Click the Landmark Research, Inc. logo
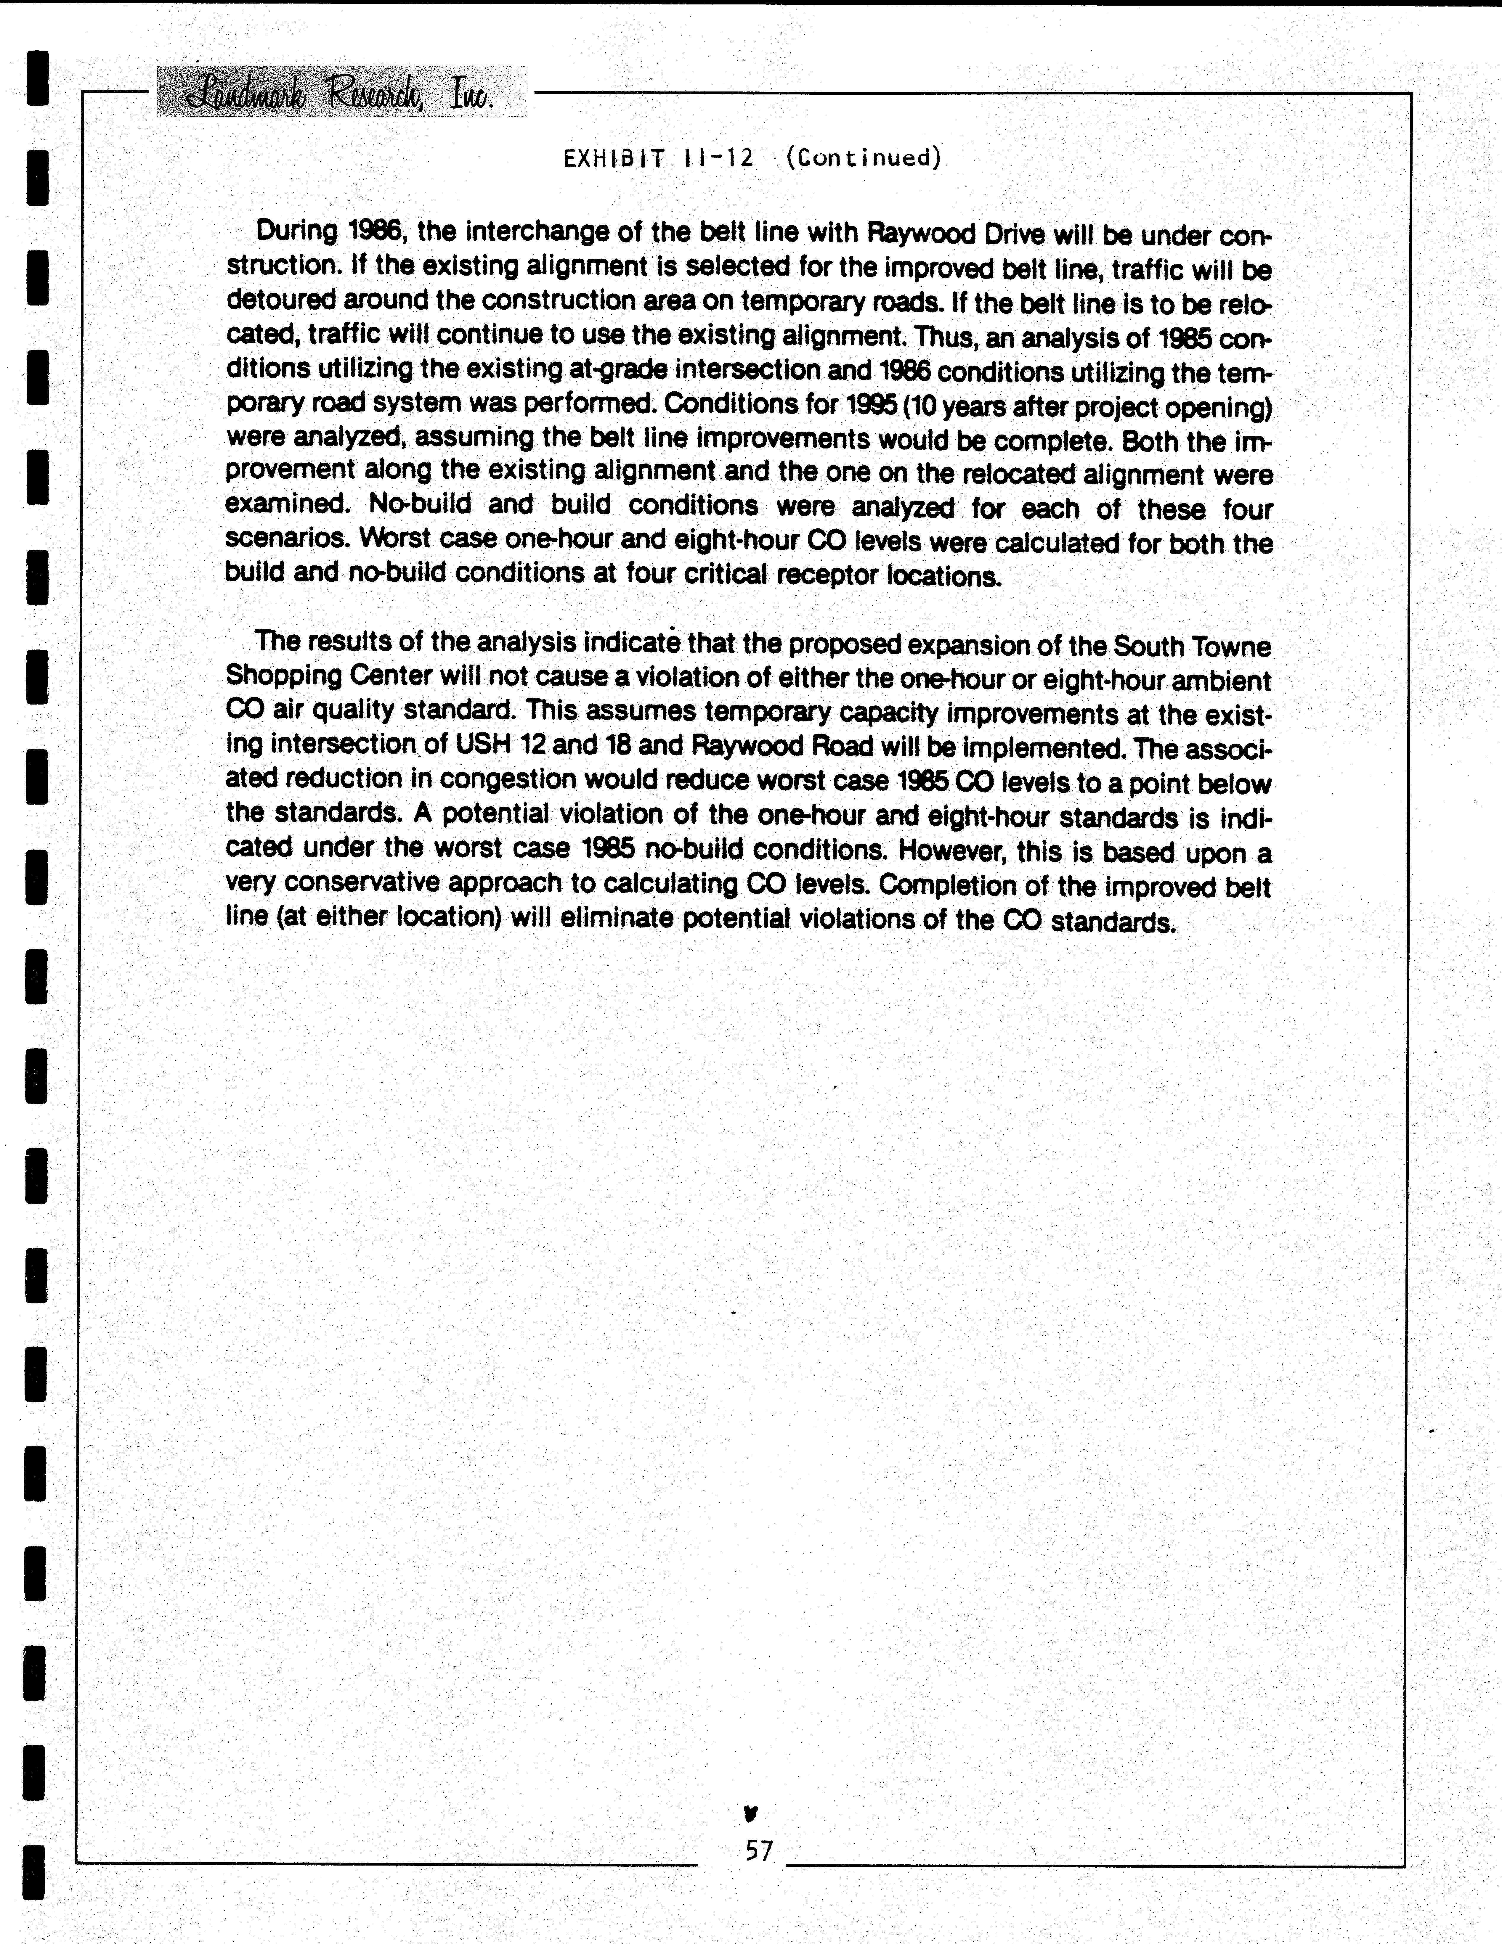341,93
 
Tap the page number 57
759,1851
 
